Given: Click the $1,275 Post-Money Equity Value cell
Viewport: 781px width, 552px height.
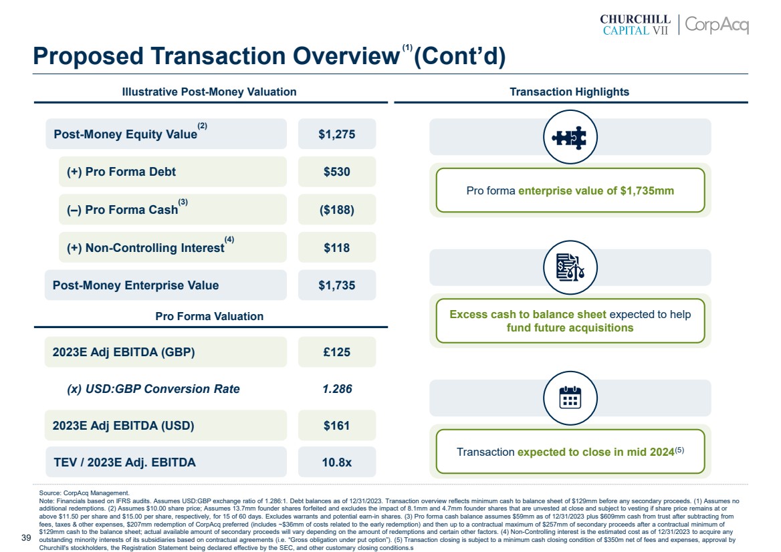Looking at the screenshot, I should (337, 134).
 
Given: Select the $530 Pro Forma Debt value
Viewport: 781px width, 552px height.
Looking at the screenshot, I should (337, 172).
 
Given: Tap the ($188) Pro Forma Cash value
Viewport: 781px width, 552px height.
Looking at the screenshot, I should (337, 210).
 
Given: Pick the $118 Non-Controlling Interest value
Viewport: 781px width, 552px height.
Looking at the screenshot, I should (337, 248).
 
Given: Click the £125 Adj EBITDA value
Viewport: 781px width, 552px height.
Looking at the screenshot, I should (337, 352).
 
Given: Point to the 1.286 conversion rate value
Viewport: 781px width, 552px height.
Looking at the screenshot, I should (337, 389).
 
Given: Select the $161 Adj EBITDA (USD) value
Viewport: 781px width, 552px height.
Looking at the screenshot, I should (337, 426).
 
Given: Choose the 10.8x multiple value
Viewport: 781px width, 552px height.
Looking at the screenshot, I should (337, 462).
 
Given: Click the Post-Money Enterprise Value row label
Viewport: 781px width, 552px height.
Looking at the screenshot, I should (136, 285).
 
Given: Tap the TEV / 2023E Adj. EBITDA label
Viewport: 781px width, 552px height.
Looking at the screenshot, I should (124, 462).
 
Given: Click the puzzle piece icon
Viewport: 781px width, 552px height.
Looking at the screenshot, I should (570, 137).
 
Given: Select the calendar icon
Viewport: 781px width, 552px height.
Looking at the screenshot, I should (570, 398).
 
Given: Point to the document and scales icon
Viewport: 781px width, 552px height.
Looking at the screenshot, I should (570, 267).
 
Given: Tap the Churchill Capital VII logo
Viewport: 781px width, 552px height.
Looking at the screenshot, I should (635, 25).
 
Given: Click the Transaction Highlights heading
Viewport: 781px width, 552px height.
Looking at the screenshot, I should (569, 92).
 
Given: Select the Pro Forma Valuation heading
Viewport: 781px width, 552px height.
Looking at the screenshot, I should (209, 316).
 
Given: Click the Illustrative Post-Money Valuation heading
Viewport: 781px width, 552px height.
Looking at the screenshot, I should (209, 92).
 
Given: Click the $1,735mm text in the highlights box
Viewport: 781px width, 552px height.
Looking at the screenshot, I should (647, 191).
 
